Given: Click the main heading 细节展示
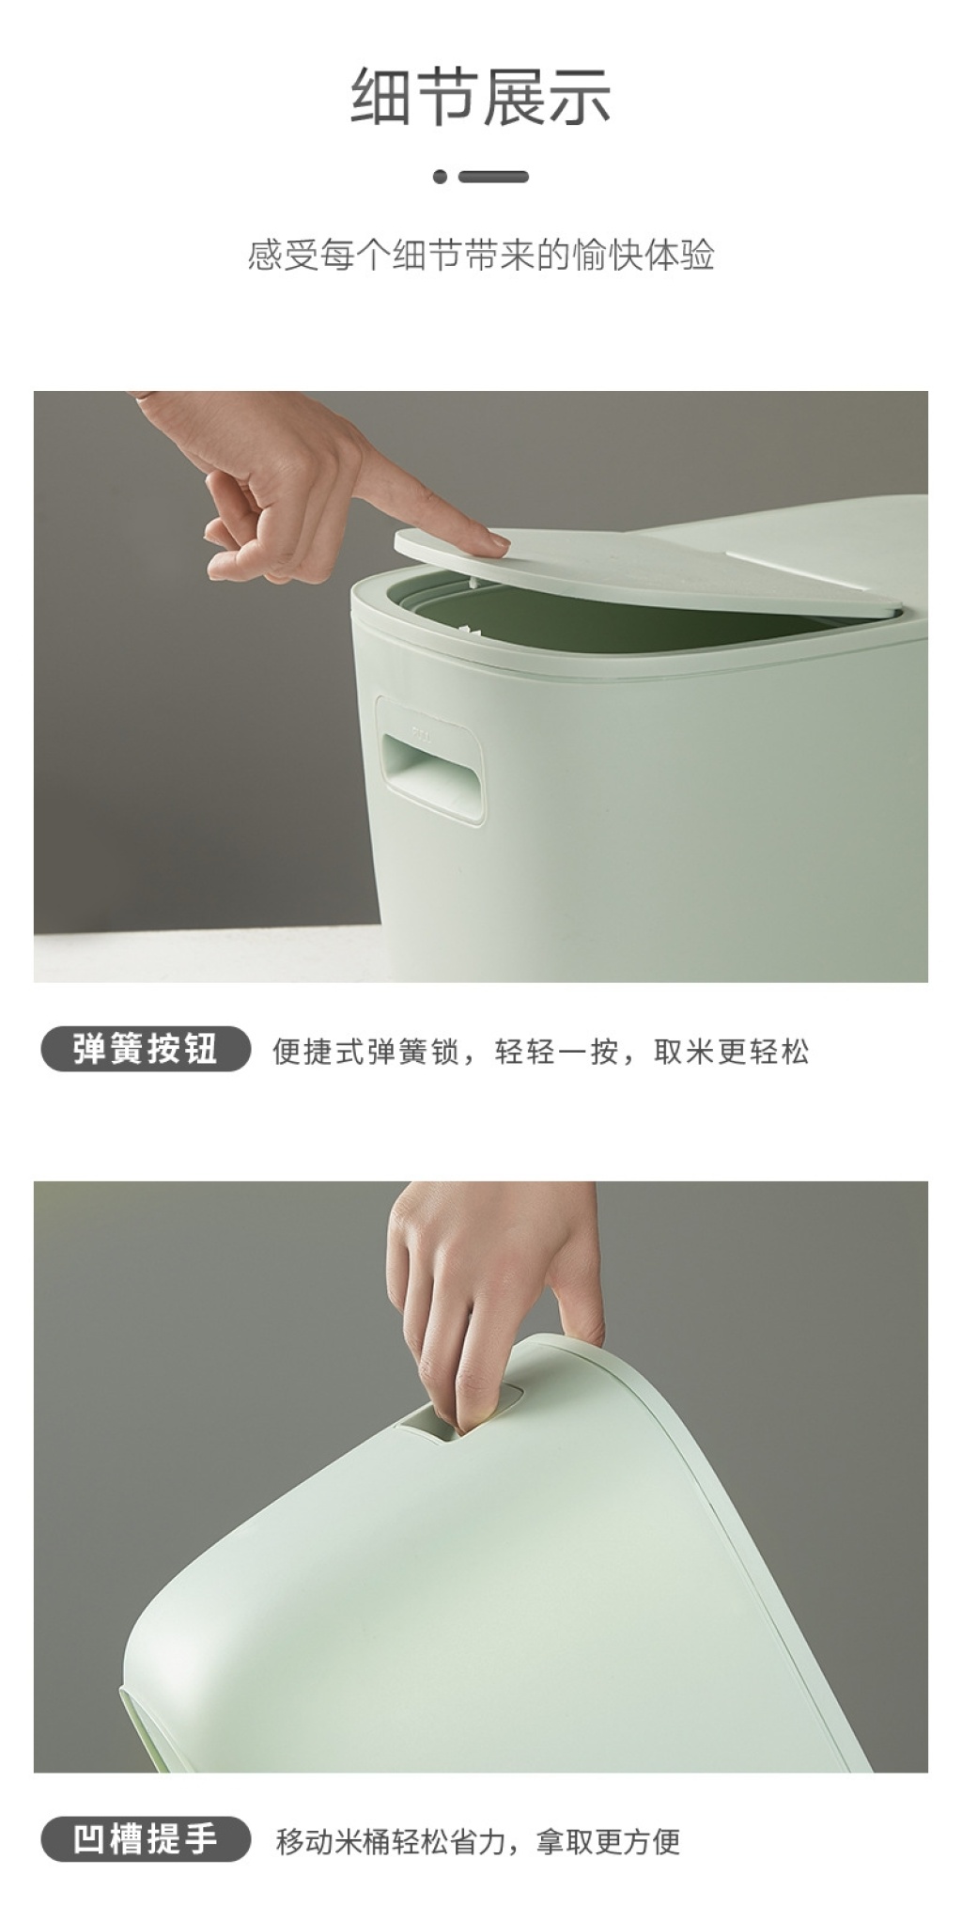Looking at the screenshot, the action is click(481, 97).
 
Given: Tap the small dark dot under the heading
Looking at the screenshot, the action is click(441, 177).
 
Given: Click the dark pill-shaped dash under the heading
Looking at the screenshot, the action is click(493, 177).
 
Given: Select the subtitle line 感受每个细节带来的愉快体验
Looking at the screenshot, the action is click(481, 255).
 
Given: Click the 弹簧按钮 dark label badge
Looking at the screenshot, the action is click(146, 1049).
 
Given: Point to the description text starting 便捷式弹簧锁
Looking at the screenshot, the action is click(540, 1051).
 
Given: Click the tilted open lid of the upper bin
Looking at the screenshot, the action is click(648, 573).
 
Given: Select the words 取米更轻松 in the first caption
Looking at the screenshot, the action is click(731, 1051).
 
